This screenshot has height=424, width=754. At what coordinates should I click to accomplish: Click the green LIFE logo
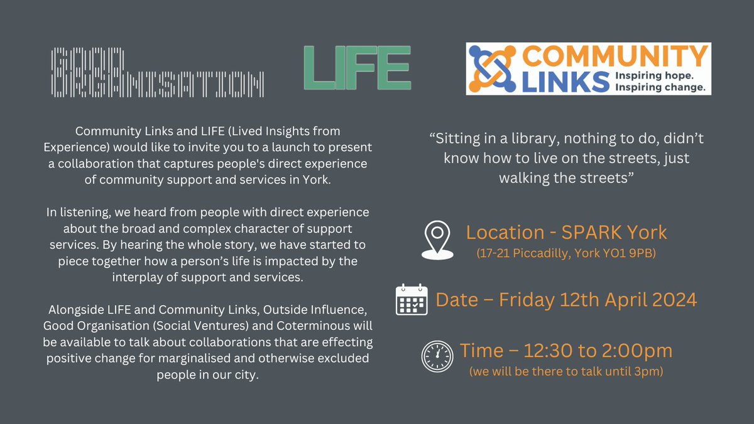[x=357, y=68]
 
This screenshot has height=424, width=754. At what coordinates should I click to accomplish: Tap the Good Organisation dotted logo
[x=156, y=73]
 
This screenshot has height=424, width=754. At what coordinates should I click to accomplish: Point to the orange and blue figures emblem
[x=493, y=68]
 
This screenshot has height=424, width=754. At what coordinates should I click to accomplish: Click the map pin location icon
[x=437, y=240]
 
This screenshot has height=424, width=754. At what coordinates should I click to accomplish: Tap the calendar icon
[x=412, y=300]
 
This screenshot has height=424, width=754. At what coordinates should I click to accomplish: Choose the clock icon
[x=437, y=356]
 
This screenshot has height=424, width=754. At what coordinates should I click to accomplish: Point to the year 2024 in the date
[x=670, y=300]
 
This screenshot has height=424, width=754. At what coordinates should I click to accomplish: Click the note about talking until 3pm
[x=566, y=371]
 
